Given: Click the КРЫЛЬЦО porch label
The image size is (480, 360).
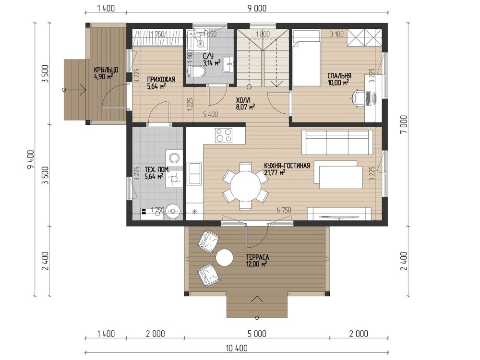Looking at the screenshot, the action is pos(106,70).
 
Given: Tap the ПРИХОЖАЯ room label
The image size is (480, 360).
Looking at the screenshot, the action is pos(161,80).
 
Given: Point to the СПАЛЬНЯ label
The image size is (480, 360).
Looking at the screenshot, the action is pos(339,76).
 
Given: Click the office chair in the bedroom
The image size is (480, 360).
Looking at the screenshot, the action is pos(358,98).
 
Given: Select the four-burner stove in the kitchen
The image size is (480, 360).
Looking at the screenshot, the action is pos(224,135).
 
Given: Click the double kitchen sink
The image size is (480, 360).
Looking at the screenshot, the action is pos(194,173).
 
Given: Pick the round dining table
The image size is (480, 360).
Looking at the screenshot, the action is pos(245,186).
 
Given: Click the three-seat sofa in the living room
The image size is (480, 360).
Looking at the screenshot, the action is pos(337,143).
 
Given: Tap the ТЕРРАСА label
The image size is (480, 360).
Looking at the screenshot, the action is pos(257,257).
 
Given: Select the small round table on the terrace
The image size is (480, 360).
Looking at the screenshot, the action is pos(224,258).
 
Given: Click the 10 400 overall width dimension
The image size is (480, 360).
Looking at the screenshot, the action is pos(237,348).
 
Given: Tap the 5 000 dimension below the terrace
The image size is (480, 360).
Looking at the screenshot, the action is pos(257,334).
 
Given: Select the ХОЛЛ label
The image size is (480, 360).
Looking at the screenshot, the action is pos(243,100).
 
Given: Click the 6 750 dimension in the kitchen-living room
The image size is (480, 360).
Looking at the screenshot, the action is pos(284,210).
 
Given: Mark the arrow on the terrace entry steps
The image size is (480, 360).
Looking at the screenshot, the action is pos(257,307).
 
